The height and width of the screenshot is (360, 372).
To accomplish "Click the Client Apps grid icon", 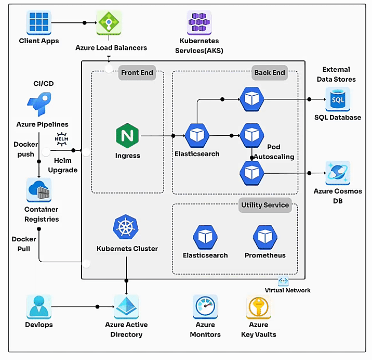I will [39, 23].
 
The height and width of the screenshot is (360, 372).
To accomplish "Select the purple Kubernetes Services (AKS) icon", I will [200, 23].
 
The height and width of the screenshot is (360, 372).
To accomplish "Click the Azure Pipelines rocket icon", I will [39, 104].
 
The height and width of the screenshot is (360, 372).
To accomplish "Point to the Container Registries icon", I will [39, 190].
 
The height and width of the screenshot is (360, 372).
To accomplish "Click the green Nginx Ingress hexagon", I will [127, 136].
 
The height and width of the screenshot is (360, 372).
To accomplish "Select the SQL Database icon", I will [338, 99].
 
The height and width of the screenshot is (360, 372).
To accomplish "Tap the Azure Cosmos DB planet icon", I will [338, 173].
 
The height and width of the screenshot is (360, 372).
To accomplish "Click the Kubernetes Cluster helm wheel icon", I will [127, 228].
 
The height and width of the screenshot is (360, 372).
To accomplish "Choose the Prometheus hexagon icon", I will [265, 237].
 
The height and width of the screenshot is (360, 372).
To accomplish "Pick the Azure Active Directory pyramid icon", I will [126, 306].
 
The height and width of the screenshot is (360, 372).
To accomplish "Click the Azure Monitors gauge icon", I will [205, 307].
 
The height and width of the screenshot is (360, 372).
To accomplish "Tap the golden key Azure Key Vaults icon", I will [259, 307].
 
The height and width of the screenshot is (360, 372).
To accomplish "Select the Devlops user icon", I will [39, 306].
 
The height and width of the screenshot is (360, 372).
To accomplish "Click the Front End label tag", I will [137, 72].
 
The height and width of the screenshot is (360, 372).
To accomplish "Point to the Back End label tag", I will [269, 72].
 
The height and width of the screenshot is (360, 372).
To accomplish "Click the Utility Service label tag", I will [264, 205].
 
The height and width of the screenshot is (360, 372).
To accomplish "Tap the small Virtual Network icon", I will [283, 281].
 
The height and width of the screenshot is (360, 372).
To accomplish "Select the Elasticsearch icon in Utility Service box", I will [205, 237].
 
